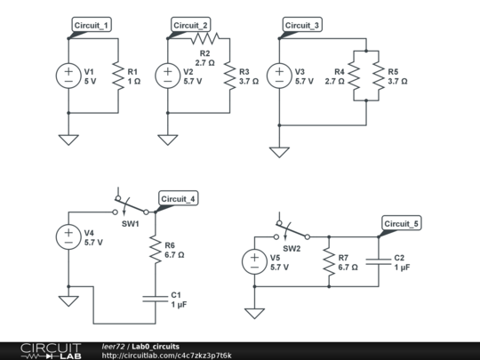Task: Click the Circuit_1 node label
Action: pos(92,25)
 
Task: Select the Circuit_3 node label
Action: pos(302,25)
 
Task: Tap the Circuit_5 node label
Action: pos(402,223)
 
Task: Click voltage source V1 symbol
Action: pos(68,76)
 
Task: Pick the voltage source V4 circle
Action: pos(68,237)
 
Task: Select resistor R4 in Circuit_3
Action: pos(352,76)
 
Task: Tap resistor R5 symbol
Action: pos(378,76)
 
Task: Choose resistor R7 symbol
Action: pos(328,262)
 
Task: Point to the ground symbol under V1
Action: pos(68,139)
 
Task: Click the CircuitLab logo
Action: pos(44,350)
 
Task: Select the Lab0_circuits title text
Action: pos(156,346)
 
